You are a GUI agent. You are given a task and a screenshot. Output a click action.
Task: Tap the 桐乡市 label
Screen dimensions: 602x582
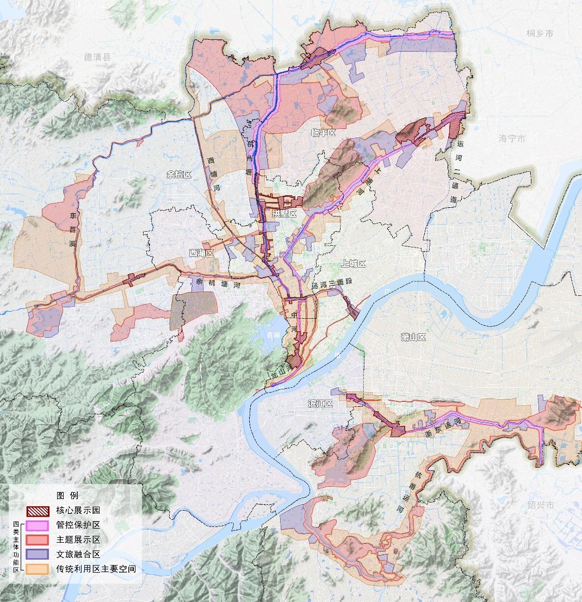click(x=540, y=34)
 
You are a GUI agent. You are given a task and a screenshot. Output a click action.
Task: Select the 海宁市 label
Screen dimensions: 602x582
click(x=512, y=139)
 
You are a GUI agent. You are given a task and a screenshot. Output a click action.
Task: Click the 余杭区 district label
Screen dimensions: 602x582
click(x=179, y=175)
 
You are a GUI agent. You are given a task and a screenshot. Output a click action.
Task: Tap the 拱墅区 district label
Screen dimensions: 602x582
click(x=284, y=214)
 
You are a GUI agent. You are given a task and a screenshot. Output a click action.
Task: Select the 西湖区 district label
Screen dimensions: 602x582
click(x=202, y=253)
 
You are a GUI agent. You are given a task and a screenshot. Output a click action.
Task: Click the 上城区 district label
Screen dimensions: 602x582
click(x=354, y=264)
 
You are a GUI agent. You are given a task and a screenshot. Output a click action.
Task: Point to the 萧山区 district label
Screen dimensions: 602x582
click(x=413, y=337)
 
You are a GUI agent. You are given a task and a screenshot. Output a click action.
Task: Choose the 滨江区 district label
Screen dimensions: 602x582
click(x=320, y=404)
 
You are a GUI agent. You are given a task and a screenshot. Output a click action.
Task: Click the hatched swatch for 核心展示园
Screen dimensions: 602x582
click(x=38, y=511)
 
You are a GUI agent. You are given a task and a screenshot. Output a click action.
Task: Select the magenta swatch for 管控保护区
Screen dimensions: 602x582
click(x=38, y=525)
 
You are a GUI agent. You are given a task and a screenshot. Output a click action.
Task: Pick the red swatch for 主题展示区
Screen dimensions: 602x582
click(x=38, y=540)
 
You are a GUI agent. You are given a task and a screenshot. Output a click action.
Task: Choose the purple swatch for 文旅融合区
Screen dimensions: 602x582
click(x=38, y=555)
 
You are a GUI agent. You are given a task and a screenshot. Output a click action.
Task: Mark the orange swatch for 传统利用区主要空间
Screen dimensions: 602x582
click(x=38, y=569)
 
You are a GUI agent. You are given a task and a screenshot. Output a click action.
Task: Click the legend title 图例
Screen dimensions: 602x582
click(x=67, y=495)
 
